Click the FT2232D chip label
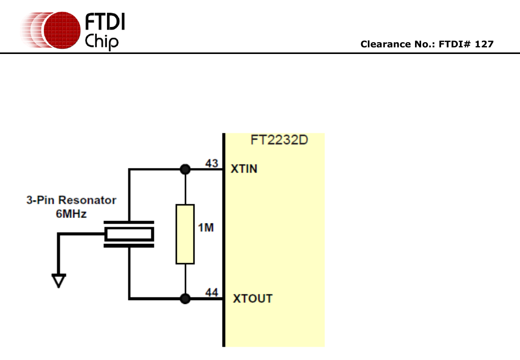(279, 140)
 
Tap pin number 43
(212, 163)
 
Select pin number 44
(212, 292)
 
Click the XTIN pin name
(244, 169)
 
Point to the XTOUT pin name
(253, 298)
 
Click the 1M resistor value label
(206, 228)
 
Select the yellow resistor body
(185, 234)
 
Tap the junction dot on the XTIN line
(185, 170)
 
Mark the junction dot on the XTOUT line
(185, 298)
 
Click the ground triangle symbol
(59, 281)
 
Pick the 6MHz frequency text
(71, 214)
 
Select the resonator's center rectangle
(129, 234)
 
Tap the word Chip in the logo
(102, 41)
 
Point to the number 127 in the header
(484, 44)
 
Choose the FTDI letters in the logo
(104, 21)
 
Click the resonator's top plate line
(129, 223)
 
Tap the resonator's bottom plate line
(129, 246)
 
